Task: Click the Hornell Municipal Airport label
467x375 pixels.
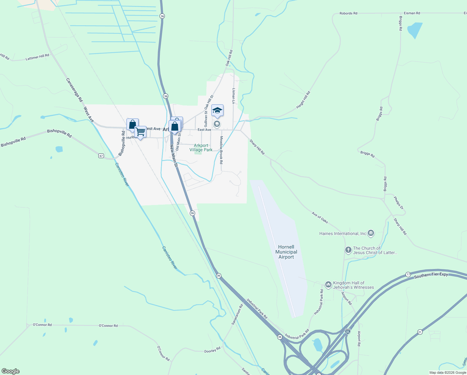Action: (x=286, y=252)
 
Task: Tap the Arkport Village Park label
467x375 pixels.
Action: (x=201, y=147)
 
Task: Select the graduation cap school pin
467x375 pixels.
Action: (x=217, y=111)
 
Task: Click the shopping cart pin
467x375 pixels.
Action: (x=140, y=132)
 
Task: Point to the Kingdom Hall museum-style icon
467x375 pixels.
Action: (x=328, y=284)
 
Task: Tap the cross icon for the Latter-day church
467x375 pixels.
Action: (x=348, y=250)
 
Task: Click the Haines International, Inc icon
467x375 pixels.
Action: (x=371, y=233)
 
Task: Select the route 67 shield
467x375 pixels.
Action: (x=101, y=156)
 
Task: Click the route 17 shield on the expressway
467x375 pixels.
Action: (x=408, y=274)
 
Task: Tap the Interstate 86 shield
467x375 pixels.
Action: (x=347, y=331)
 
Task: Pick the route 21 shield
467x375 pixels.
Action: (x=420, y=332)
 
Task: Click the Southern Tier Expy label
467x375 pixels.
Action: (x=431, y=276)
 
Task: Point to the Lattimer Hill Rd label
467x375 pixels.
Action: (x=37, y=57)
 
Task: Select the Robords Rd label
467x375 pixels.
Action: (x=348, y=13)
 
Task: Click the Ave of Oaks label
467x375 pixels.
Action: (x=320, y=217)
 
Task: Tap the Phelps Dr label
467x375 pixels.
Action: (x=398, y=203)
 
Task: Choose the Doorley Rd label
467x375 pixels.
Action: (x=212, y=350)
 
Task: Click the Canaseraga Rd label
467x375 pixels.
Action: (x=74, y=90)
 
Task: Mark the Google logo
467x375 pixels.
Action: (x=11, y=371)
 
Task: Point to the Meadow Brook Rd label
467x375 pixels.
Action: (x=221, y=150)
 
